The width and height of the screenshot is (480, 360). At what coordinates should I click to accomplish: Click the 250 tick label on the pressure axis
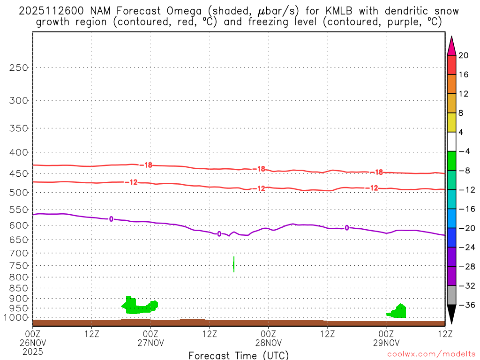[x=19, y=67]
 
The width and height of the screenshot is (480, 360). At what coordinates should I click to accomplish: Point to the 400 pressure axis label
[x=19, y=152]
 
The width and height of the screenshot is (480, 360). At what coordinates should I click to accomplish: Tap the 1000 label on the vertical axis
[x=17, y=318]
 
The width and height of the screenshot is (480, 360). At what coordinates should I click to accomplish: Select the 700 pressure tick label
[x=19, y=253]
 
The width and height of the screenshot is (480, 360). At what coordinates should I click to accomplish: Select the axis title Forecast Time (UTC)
[x=239, y=355]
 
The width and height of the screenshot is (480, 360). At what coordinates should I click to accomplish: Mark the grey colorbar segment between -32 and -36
[x=451, y=295]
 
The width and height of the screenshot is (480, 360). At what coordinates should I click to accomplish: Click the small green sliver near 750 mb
[x=233, y=264]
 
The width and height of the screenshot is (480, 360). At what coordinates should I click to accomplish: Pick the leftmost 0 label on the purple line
[x=111, y=219]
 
